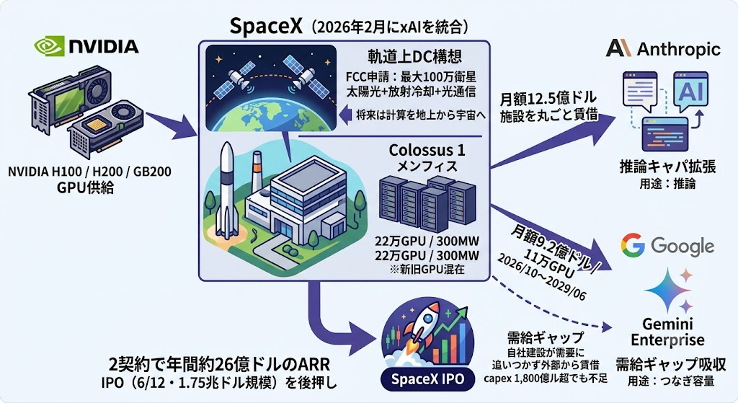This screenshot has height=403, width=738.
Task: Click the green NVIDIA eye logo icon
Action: point(49,46)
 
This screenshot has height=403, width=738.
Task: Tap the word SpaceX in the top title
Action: point(266,27)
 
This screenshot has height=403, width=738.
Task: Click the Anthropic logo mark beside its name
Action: point(618,48)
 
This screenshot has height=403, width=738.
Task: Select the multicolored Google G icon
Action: point(632,245)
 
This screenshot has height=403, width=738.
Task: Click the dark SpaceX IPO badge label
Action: point(427,379)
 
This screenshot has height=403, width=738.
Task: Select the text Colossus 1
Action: point(427,150)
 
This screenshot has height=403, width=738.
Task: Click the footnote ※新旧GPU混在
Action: point(427,270)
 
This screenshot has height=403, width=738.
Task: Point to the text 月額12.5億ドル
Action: point(548,99)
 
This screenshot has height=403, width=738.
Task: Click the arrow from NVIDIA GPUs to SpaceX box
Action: point(171,125)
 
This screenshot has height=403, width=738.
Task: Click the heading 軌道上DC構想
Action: point(414,56)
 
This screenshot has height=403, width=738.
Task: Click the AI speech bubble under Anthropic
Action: point(690,92)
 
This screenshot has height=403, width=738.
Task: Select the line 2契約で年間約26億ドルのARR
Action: point(219,364)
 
